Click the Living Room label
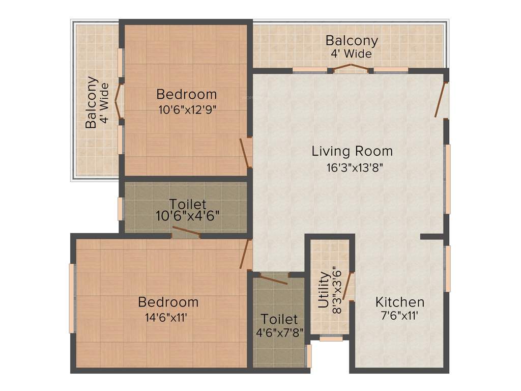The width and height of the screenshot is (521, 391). tap(352, 151)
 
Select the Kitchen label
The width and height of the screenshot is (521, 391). tap(399, 302)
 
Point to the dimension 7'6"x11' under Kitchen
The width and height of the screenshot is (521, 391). tap(399, 315)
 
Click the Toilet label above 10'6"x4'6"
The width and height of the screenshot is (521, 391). tap(188, 204)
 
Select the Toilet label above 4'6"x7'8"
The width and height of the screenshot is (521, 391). tap(279, 320)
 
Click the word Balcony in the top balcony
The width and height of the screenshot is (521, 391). tap(352, 40)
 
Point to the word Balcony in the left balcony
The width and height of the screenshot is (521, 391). tap(91, 102)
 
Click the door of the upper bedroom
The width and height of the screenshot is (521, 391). tap(245, 152)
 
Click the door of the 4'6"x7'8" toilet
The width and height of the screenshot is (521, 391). tap(273, 278)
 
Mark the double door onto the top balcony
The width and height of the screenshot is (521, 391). tap(350, 68)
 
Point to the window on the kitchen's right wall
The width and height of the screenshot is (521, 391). tap(447, 269)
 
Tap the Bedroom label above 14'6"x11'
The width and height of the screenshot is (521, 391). tap(168, 302)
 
